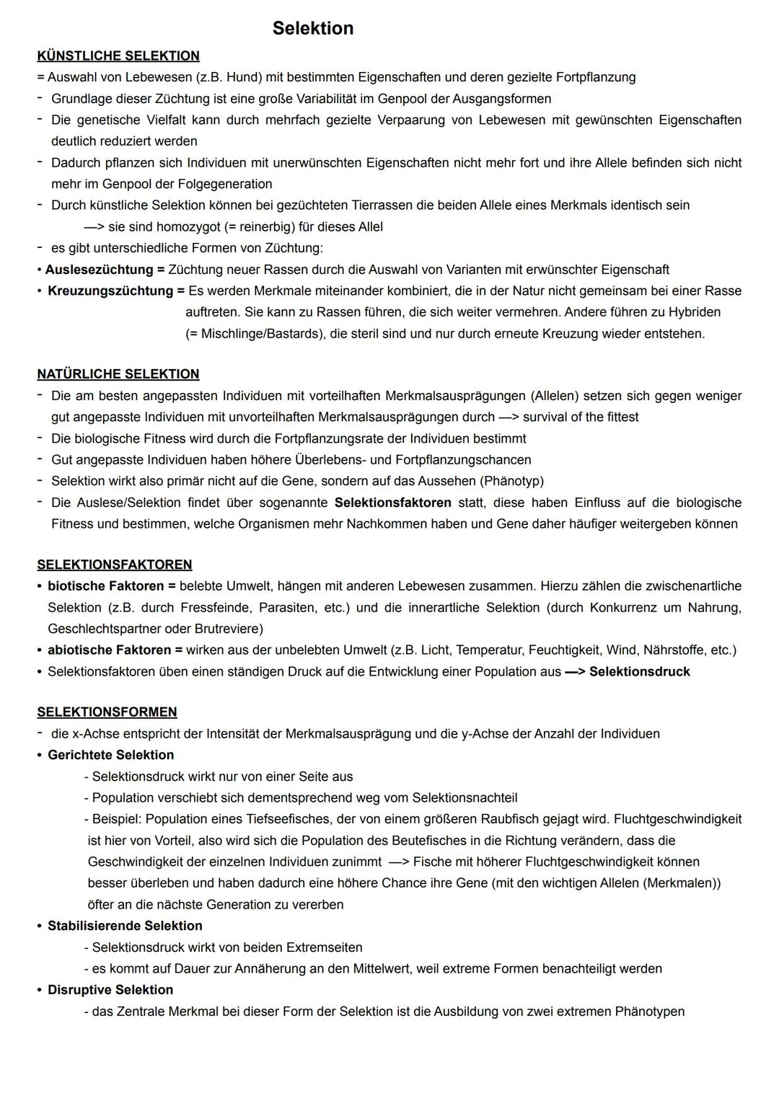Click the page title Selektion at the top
coord(313,28)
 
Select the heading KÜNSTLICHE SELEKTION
coord(118,56)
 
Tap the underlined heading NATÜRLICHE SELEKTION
coord(118,373)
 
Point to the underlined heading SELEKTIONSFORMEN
coord(107,712)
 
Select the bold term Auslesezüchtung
coord(100,270)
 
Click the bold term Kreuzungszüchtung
coord(110,291)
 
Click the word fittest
coord(617,417)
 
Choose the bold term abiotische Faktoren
coord(110,650)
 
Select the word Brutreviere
coord(229,629)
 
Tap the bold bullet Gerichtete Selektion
coord(110,755)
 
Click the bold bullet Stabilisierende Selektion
coord(125,926)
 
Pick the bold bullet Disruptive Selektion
coord(110,990)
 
